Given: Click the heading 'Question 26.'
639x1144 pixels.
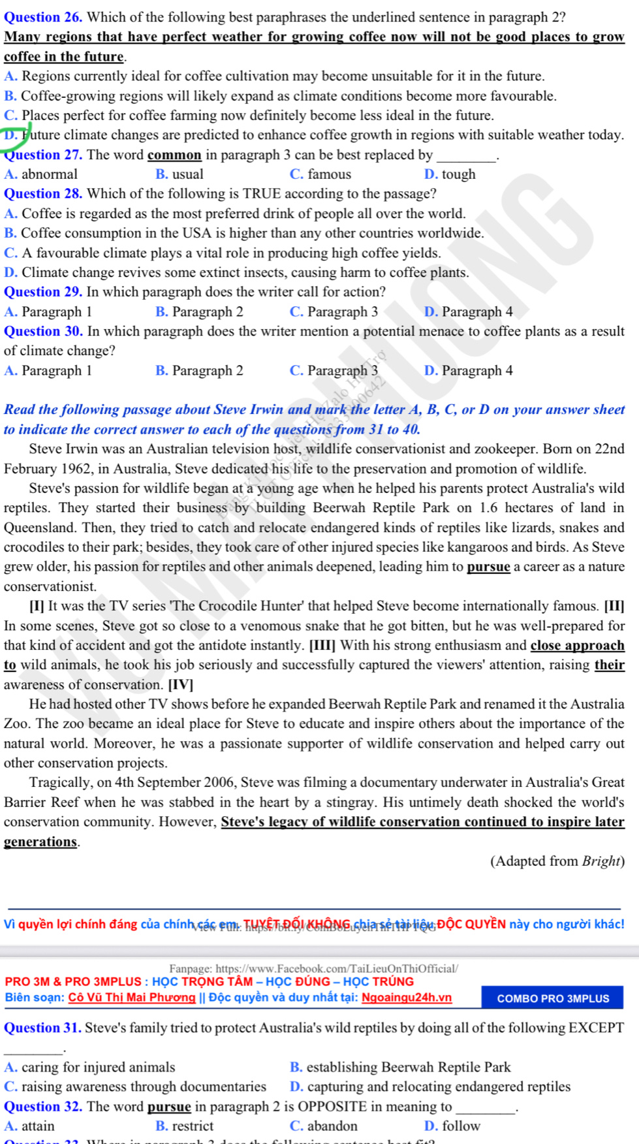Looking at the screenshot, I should coord(43,17).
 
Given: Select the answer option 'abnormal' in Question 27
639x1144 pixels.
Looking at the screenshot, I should coord(49,174).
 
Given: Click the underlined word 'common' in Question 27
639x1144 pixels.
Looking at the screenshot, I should coord(174,155).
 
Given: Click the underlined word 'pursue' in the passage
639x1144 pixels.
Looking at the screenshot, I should coord(488,567).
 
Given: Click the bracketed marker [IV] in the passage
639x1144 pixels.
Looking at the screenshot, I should coord(181,685).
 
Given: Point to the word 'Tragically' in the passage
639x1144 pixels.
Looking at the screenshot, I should coord(60,782).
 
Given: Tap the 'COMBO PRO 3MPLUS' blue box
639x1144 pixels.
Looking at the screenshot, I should coord(552,998).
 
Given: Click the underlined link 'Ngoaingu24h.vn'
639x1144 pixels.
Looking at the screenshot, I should coord(407,998).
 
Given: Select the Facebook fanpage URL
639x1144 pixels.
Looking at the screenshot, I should coord(336,969).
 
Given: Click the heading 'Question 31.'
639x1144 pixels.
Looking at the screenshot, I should coord(43,1028).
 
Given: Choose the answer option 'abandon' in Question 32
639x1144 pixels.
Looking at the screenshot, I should coord(332,1126).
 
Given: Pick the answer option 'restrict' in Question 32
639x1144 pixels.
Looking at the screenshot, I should coord(193,1126).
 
